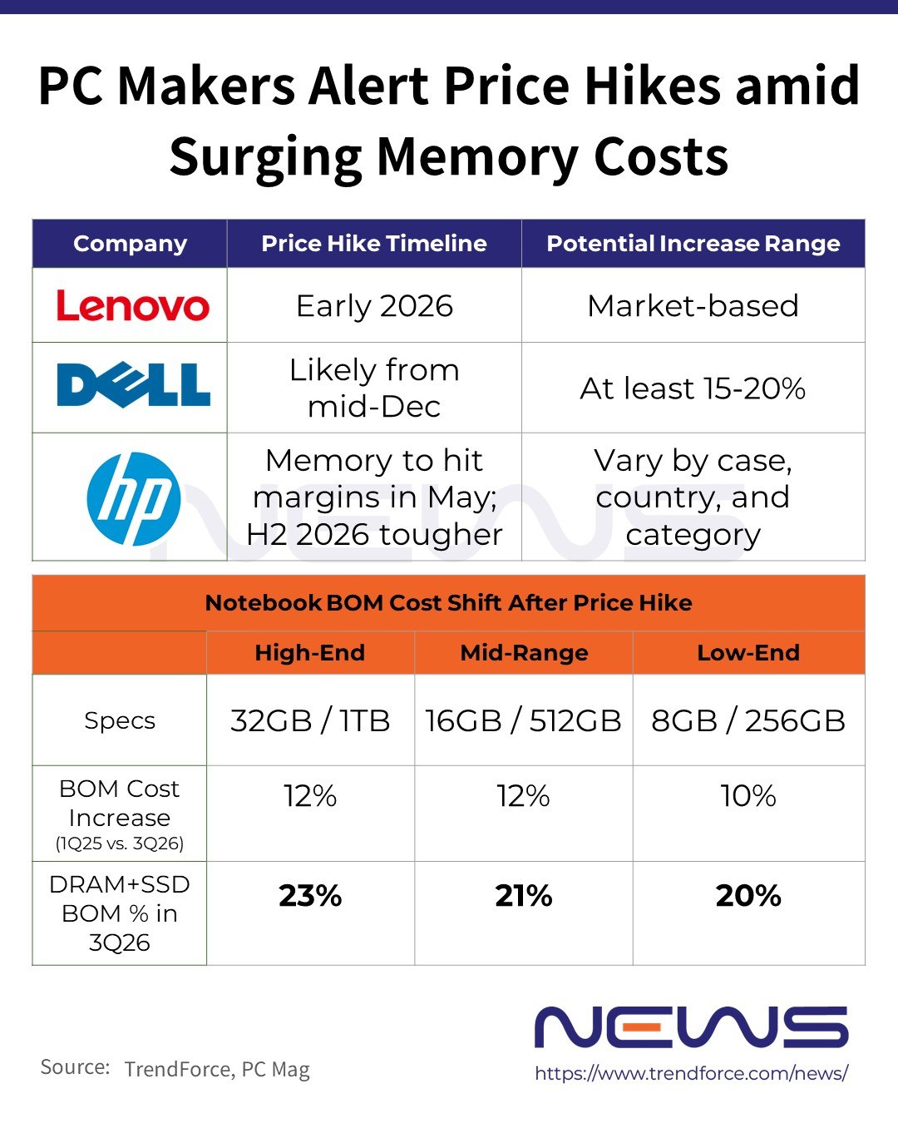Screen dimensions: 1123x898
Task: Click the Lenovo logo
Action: (x=132, y=306)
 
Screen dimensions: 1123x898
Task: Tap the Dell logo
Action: (x=133, y=385)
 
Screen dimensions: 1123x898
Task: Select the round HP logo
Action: (x=133, y=498)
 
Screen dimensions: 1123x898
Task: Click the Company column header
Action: (x=130, y=244)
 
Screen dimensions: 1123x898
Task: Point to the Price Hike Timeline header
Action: (x=373, y=244)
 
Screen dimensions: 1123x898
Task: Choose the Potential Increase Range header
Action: (x=693, y=244)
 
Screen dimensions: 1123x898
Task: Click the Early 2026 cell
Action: (x=374, y=306)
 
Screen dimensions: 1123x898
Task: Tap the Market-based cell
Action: (x=693, y=306)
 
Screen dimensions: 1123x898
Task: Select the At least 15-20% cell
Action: (x=693, y=388)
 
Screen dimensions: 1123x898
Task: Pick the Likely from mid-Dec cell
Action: (x=374, y=388)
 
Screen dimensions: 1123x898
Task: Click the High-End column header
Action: (x=309, y=653)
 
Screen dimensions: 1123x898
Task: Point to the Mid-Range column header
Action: (x=524, y=653)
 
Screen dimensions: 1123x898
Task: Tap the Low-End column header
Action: (x=748, y=653)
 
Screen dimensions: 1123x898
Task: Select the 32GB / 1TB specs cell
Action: (x=310, y=720)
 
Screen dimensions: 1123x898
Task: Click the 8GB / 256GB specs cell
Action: (x=748, y=720)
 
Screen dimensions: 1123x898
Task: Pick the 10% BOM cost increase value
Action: (x=748, y=796)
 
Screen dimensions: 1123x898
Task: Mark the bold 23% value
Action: (x=310, y=896)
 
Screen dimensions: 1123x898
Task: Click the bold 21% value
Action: (x=524, y=896)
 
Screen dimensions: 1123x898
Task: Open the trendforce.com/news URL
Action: (x=691, y=1073)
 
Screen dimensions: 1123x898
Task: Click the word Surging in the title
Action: (x=265, y=157)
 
